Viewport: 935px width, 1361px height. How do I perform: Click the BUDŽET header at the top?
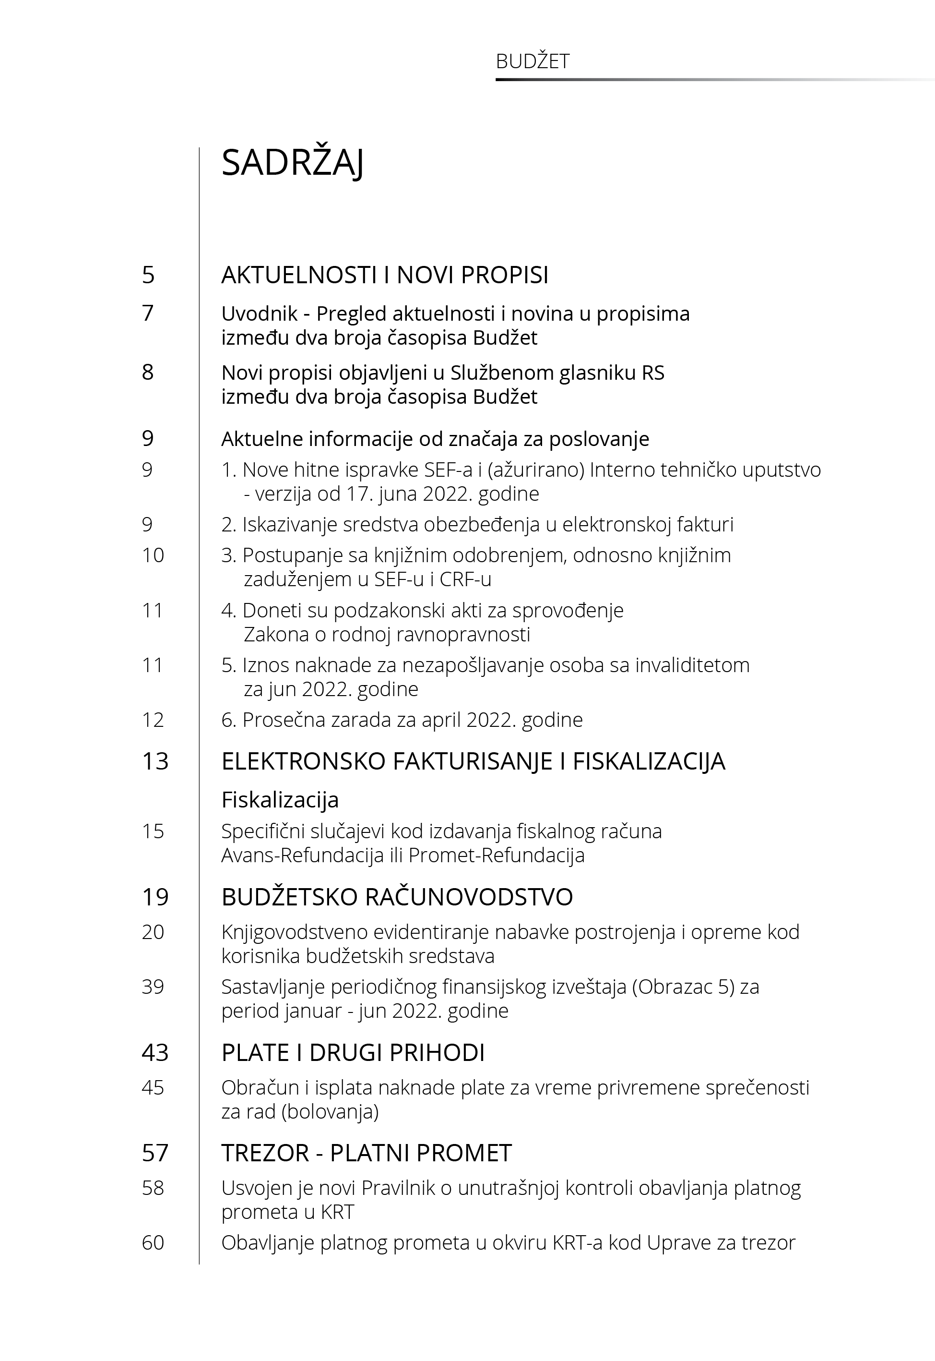[x=532, y=61]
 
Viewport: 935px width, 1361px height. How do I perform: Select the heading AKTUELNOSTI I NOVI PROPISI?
[x=384, y=275]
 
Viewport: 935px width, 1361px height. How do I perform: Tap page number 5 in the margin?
[x=148, y=275]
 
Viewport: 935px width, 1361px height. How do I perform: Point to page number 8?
[x=148, y=372]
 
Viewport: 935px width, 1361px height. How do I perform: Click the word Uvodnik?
[x=260, y=314]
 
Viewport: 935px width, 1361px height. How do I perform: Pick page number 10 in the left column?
[x=153, y=555]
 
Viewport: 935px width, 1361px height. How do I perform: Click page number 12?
[x=153, y=720]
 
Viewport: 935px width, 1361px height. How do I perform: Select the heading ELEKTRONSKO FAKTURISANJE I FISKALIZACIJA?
[x=473, y=761]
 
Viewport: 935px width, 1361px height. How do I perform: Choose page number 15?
[x=153, y=831]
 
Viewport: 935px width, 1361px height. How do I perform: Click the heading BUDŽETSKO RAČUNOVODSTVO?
[x=397, y=897]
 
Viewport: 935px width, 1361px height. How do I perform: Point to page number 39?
[x=153, y=987]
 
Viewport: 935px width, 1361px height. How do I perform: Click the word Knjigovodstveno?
[x=302, y=932]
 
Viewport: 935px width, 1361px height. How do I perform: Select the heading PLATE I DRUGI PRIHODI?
[x=353, y=1053]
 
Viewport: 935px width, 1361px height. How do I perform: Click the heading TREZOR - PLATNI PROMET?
[x=366, y=1153]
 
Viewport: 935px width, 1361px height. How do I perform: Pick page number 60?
[x=153, y=1242]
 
